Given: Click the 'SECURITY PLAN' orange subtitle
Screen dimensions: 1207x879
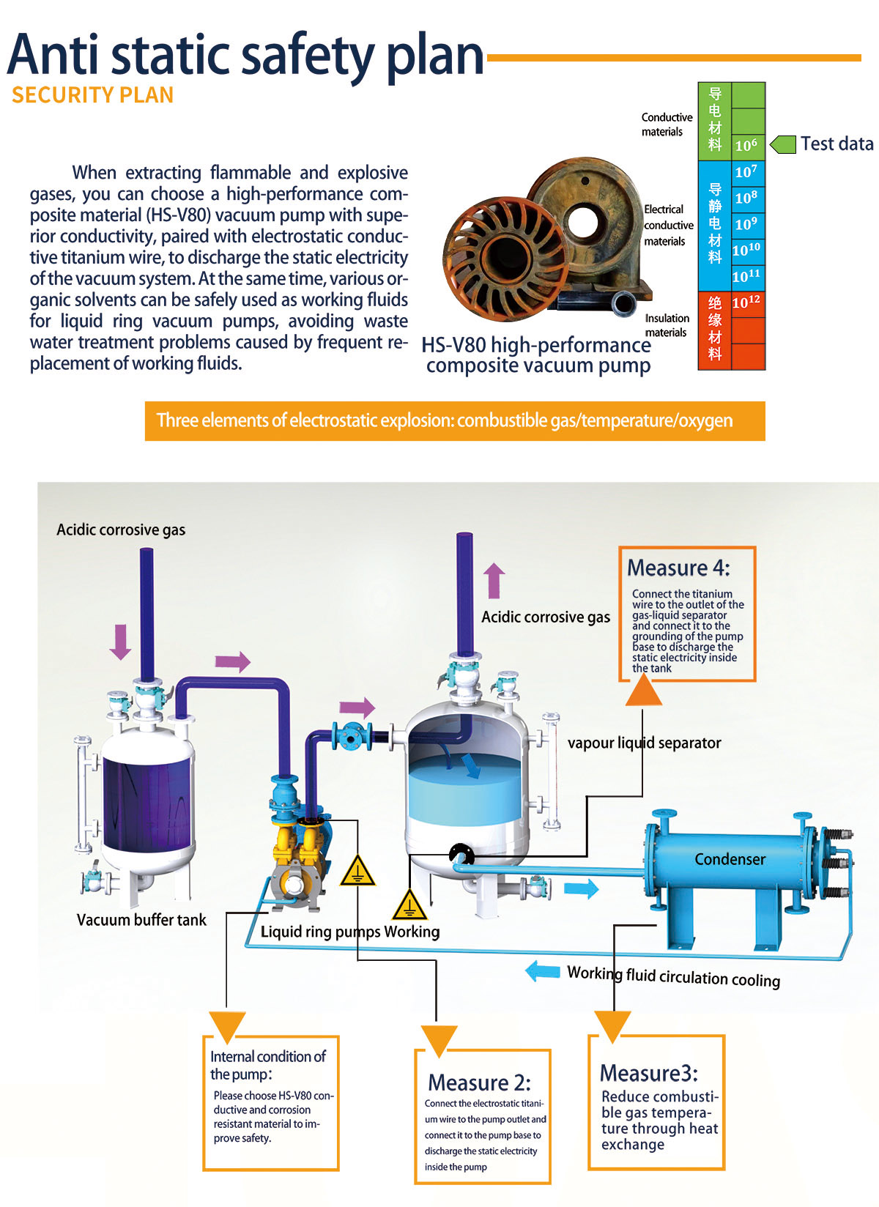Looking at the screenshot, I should [x=93, y=95].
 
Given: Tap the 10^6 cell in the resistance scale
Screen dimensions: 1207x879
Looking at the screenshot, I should [x=746, y=145].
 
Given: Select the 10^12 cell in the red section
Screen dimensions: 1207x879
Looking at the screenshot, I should [x=746, y=302].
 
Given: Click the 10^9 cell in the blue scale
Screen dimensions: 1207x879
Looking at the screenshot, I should [x=746, y=224].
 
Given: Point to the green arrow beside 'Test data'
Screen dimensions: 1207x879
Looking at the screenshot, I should [x=783, y=144].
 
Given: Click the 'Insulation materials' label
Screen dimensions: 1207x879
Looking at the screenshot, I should [x=667, y=325].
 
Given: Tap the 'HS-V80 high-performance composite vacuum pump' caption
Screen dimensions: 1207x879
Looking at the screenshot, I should [x=537, y=355].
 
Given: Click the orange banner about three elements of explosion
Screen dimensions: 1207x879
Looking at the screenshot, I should [x=454, y=421].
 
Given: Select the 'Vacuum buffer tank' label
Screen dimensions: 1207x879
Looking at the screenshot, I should [x=141, y=920].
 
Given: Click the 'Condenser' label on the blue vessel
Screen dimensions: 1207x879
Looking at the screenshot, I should [x=730, y=859].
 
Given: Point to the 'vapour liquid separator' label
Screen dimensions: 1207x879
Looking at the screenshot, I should [x=644, y=743].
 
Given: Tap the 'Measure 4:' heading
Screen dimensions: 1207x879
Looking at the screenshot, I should [x=678, y=568].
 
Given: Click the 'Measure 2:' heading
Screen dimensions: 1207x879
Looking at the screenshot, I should [x=479, y=1082].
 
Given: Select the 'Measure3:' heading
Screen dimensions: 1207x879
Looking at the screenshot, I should [x=649, y=1073].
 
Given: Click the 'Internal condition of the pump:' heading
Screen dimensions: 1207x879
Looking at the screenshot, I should [x=268, y=1065].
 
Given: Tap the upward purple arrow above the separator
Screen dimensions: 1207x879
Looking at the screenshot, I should [x=494, y=580].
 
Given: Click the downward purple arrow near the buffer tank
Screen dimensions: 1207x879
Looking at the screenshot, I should [x=120, y=642].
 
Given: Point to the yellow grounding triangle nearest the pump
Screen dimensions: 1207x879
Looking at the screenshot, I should [x=357, y=871].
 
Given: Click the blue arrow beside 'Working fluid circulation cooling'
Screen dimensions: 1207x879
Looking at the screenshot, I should [x=543, y=971].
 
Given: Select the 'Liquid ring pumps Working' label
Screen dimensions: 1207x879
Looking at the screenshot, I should [x=350, y=932].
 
